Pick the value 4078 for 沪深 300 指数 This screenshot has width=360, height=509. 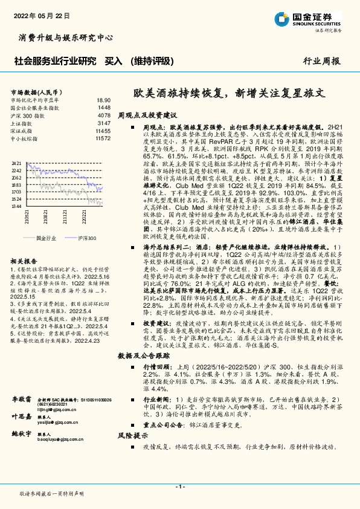pos(103,115)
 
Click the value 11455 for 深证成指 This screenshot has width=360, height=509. pos(103,131)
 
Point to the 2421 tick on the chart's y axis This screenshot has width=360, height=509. pos(17,164)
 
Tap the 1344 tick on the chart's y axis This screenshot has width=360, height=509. pos(17,206)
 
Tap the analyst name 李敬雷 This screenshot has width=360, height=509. pos(21,400)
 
